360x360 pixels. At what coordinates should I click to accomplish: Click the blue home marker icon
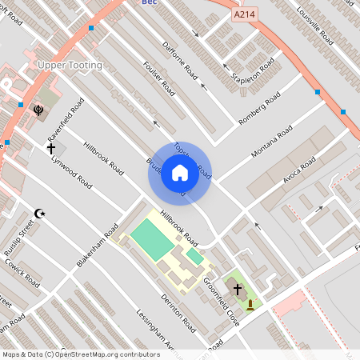[179, 172]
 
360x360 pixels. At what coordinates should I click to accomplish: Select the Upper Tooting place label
[70, 64]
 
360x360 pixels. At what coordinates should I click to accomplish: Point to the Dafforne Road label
[179, 58]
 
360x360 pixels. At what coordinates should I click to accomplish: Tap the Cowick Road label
[21, 273]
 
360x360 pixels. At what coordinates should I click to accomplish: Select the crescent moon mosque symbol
[38, 214]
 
